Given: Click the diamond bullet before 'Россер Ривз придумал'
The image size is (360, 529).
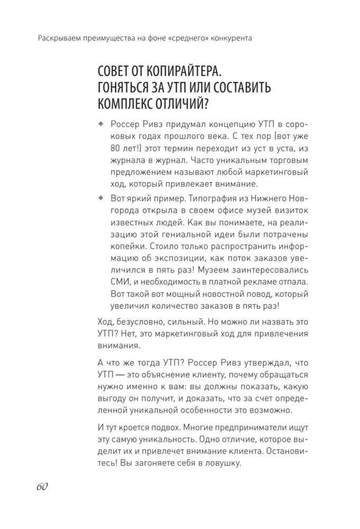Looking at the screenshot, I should point(100,124).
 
